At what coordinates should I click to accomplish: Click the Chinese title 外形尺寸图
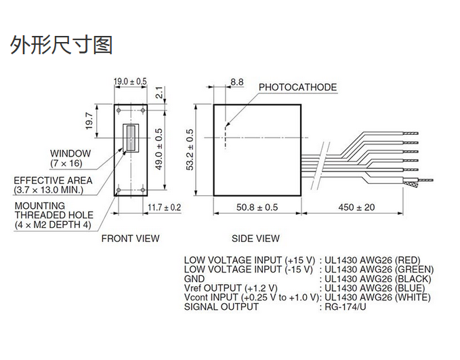coord(61,45)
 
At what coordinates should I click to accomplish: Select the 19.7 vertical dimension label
coord(89,121)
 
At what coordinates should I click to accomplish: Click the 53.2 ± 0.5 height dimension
coord(190,150)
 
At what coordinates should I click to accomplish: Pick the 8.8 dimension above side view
coord(237,81)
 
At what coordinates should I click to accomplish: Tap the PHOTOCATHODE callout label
coord(297,87)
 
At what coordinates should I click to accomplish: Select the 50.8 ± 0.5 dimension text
coord(257,207)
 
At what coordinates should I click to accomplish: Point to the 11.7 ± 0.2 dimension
coord(164,207)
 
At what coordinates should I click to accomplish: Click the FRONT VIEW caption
coord(130,238)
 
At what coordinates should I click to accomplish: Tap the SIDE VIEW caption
coord(255,238)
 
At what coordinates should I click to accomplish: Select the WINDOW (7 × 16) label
coord(70,159)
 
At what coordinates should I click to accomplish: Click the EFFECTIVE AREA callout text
coord(53,185)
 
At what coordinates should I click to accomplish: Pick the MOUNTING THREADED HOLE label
coord(52,215)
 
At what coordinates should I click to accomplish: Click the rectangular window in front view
coord(129,138)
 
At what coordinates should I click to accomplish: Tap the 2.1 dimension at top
coord(159,93)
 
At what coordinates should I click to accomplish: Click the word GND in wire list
coord(194,278)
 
